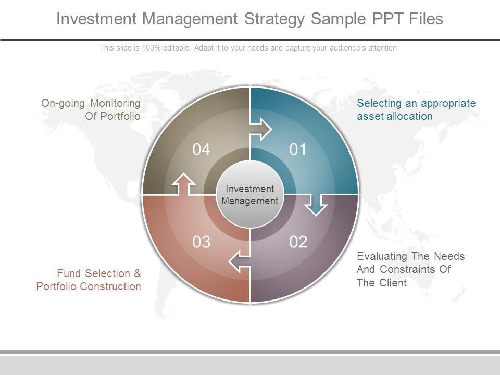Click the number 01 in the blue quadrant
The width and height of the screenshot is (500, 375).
[298, 149]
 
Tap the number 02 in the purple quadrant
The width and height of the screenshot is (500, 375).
[298, 242]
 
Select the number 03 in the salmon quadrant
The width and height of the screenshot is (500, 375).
[201, 242]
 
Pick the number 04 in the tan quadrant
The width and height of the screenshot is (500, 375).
[201, 149]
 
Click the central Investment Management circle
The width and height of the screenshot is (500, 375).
[249, 194]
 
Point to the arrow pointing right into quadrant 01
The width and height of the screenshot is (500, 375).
[260, 129]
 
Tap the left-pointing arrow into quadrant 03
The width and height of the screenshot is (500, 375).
[239, 261]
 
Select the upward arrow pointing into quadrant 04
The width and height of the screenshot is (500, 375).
[183, 184]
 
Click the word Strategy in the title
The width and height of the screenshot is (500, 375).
[274, 19]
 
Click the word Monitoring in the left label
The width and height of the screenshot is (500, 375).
[116, 103]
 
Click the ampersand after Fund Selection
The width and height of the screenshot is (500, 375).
[137, 273]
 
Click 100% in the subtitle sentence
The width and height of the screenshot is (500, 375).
[151, 48]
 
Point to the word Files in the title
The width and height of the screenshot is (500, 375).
[426, 19]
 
